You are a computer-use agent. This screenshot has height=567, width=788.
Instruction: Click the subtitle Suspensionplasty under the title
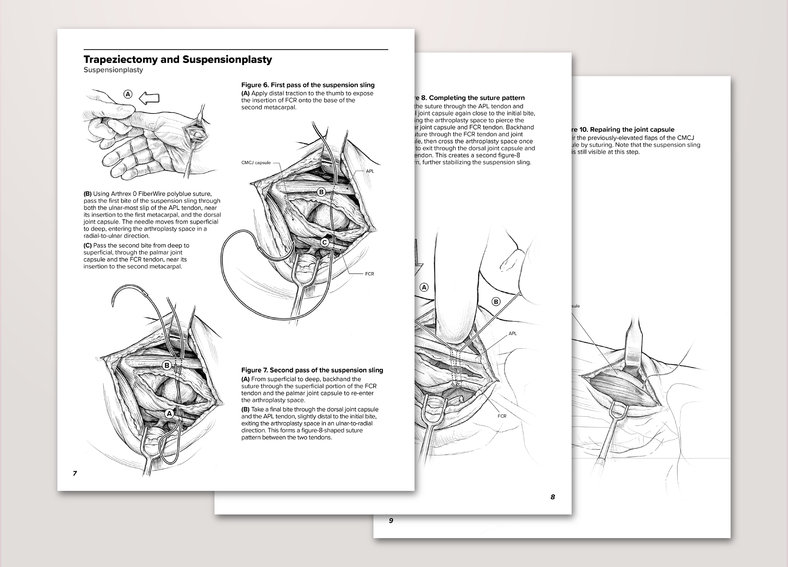click(x=113, y=70)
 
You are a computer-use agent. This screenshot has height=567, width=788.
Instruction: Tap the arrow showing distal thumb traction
click(x=149, y=98)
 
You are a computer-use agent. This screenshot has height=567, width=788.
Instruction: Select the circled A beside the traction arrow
click(x=128, y=94)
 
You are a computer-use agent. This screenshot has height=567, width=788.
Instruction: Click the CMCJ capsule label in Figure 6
click(x=256, y=163)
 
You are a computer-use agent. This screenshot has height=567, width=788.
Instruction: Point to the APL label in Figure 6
click(x=370, y=171)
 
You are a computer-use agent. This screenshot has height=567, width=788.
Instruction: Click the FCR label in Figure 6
click(x=369, y=274)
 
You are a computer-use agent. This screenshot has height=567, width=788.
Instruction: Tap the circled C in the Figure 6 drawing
click(x=325, y=242)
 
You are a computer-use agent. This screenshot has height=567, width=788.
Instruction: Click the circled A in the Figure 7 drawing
click(x=169, y=414)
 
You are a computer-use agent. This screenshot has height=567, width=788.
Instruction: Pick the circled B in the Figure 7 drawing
click(x=167, y=365)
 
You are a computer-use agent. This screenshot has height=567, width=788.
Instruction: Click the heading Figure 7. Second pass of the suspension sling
click(x=312, y=370)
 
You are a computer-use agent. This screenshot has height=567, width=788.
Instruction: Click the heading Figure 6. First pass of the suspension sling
click(x=308, y=85)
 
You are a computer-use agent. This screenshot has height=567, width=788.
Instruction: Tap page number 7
click(x=75, y=473)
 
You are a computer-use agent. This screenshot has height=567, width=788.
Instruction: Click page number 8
click(x=553, y=497)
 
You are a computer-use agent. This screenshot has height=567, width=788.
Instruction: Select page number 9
click(x=391, y=520)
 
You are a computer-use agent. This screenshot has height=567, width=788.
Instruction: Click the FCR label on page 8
click(x=502, y=416)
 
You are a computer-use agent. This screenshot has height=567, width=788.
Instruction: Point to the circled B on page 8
click(x=496, y=302)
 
